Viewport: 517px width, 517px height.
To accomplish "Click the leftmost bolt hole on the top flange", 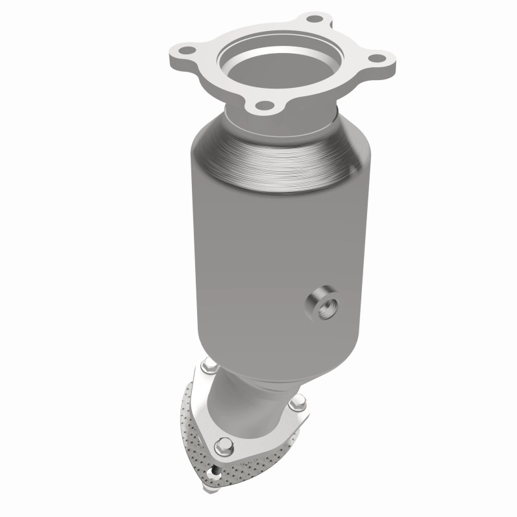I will click(182, 47).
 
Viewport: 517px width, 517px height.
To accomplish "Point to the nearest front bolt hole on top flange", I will click(262, 105).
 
